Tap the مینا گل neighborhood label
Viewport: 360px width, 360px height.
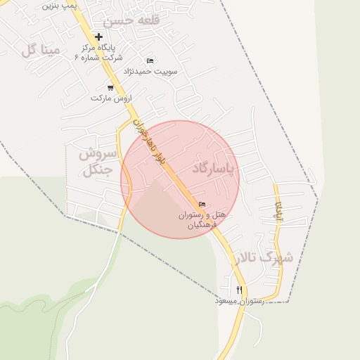[38, 50]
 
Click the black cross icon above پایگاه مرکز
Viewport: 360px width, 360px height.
[98, 37]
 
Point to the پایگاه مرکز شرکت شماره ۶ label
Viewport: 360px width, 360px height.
[98, 53]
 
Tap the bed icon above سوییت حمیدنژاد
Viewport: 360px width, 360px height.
[150, 61]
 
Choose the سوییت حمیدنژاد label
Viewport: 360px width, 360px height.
[150, 72]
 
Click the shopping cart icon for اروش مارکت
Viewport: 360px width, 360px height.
[110, 88]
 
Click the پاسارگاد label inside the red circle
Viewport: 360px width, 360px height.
[215, 169]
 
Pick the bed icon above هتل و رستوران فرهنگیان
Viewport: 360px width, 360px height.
[202, 205]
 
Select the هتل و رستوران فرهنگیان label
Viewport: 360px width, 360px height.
[200, 219]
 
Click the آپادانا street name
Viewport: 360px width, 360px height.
[278, 210]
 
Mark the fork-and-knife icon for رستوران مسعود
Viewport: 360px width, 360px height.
[240, 290]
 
